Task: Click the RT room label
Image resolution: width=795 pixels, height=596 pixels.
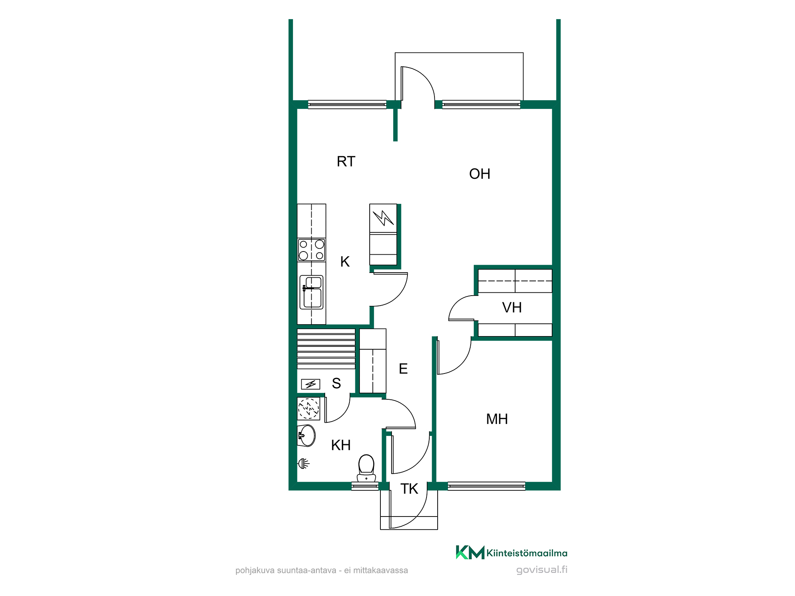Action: coord(346,162)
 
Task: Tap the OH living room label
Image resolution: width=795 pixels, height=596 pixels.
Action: coord(480,174)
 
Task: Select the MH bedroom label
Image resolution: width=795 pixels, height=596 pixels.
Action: coord(497,419)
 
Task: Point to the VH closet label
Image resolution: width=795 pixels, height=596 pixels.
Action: coord(512,308)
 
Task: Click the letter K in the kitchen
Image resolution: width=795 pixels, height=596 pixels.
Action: coord(345,262)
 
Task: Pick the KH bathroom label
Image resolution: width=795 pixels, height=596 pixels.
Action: coord(341,445)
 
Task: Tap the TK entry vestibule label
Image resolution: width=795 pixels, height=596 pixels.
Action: coord(409,489)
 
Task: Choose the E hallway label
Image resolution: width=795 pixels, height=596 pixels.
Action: coord(403,369)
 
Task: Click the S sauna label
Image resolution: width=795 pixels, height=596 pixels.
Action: coord(336,383)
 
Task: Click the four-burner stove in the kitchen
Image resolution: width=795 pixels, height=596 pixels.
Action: coord(312,250)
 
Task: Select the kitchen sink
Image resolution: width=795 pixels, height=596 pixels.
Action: coord(312,292)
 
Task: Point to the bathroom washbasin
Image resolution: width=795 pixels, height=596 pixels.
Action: coord(306,435)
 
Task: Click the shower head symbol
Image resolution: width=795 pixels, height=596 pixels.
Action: coord(304,463)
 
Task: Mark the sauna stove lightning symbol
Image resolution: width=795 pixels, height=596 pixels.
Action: coord(310,384)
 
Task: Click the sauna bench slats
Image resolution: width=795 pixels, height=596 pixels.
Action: coord(326,349)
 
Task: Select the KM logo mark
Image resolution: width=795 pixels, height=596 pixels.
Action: coord(470,552)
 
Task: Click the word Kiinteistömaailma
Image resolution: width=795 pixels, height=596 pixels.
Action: coord(527,553)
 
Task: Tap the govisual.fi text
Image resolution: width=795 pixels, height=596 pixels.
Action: coord(542,570)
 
